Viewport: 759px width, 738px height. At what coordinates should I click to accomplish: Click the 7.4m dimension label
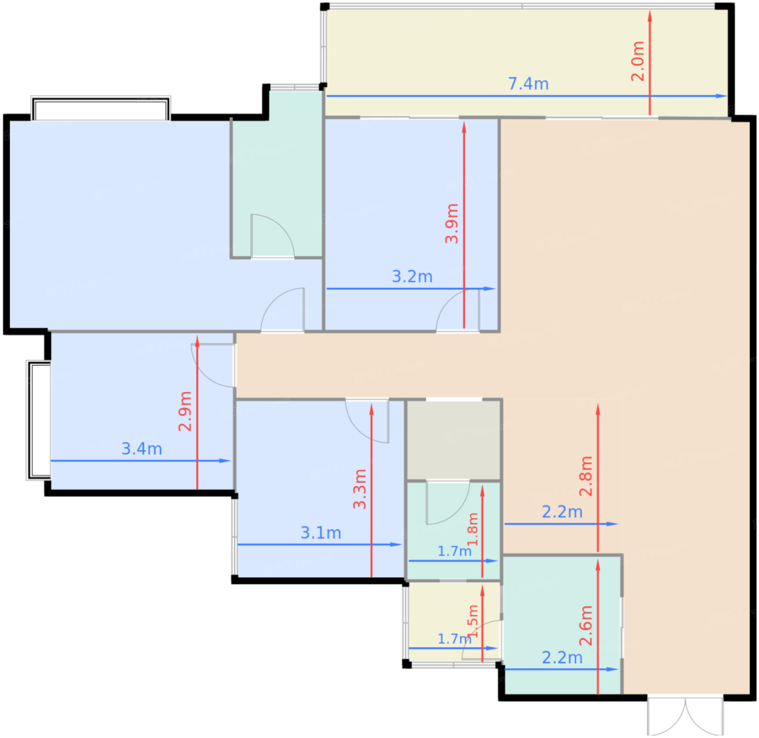tap(528, 84)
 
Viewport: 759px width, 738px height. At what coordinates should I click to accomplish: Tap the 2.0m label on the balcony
tap(638, 61)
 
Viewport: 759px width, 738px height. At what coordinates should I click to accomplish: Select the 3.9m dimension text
tap(452, 223)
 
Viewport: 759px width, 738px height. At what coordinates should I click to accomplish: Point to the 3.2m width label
tap(412, 276)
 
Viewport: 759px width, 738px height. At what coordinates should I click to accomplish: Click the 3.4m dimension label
tap(141, 449)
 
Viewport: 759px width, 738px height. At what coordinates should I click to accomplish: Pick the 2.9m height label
tap(185, 411)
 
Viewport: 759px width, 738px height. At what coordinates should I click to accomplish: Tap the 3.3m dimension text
tap(359, 489)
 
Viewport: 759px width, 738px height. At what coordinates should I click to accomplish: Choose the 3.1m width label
tap(320, 533)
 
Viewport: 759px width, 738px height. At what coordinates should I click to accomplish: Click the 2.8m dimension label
tap(586, 476)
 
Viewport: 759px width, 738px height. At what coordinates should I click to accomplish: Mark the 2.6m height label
tap(586, 626)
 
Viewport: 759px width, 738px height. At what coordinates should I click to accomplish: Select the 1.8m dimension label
tap(472, 529)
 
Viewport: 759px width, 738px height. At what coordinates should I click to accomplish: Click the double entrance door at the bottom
tap(685, 715)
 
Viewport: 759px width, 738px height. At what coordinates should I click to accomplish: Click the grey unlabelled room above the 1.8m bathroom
tap(454, 440)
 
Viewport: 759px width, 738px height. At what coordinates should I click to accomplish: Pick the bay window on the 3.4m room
tap(38, 420)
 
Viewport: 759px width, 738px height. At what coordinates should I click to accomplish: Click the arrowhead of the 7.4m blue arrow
tap(722, 96)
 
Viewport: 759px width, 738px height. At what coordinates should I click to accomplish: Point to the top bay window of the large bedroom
tap(101, 108)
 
